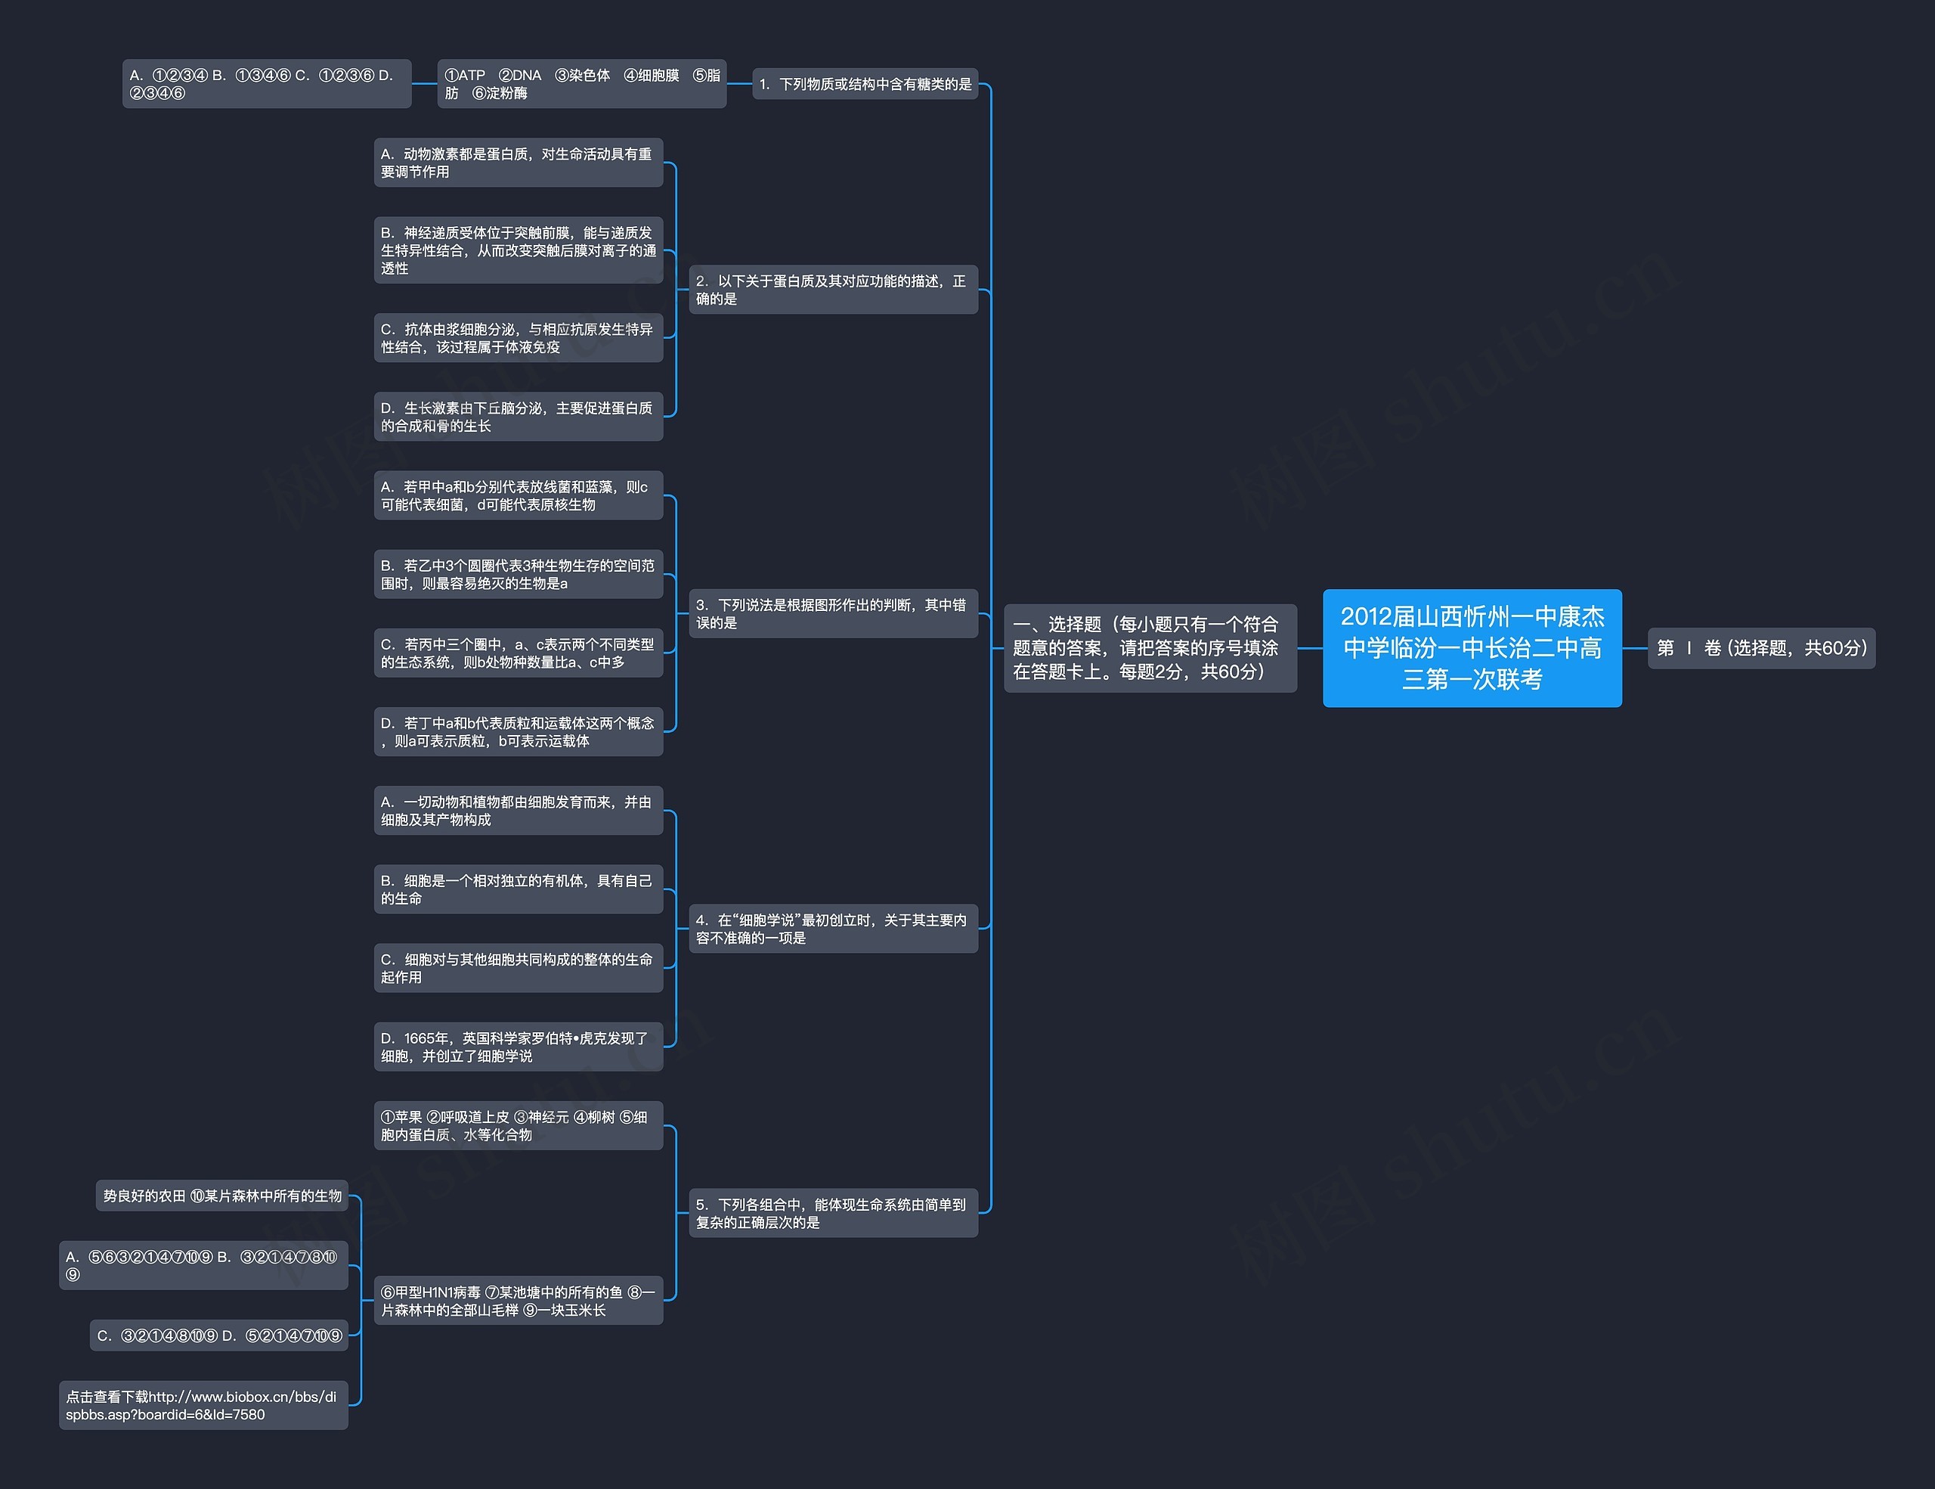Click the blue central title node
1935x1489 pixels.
point(1472,648)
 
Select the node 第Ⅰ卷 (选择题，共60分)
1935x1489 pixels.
point(1760,648)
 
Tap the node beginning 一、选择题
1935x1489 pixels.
point(1149,648)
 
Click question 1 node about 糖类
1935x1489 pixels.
point(865,84)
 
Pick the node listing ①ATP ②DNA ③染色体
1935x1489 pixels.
point(581,84)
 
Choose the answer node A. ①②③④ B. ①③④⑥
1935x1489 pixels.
point(266,84)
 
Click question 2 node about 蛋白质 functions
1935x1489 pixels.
point(833,290)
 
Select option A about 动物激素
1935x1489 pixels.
point(519,163)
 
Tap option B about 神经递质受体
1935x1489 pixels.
point(519,251)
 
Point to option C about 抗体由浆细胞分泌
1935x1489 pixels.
point(519,338)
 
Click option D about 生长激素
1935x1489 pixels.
point(519,417)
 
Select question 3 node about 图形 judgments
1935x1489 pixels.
point(833,613)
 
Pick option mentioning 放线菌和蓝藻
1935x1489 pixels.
point(519,495)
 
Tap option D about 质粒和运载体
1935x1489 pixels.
point(519,732)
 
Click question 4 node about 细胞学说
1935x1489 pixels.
point(833,929)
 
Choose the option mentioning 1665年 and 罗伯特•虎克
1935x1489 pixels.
point(519,1047)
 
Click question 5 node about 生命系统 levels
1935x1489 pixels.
point(833,1214)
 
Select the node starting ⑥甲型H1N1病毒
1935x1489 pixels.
point(519,1301)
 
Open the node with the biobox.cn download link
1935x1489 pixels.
point(203,1406)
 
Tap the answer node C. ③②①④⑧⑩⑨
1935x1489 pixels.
point(219,1335)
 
